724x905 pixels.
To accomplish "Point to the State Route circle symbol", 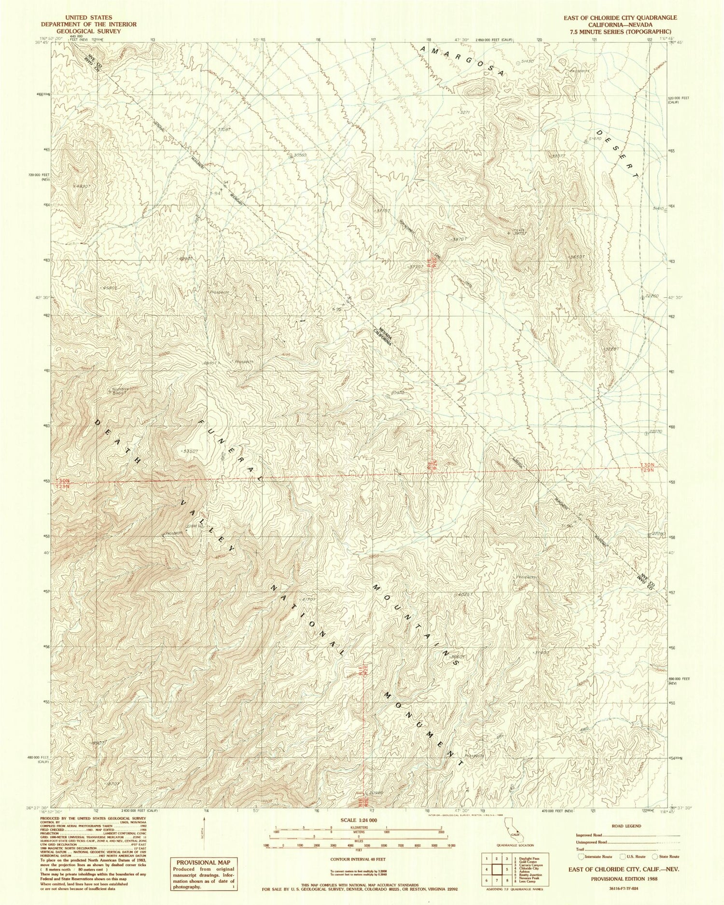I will pyautogui.click(x=655, y=856).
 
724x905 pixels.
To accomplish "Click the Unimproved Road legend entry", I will pyautogui.click(x=592, y=842).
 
